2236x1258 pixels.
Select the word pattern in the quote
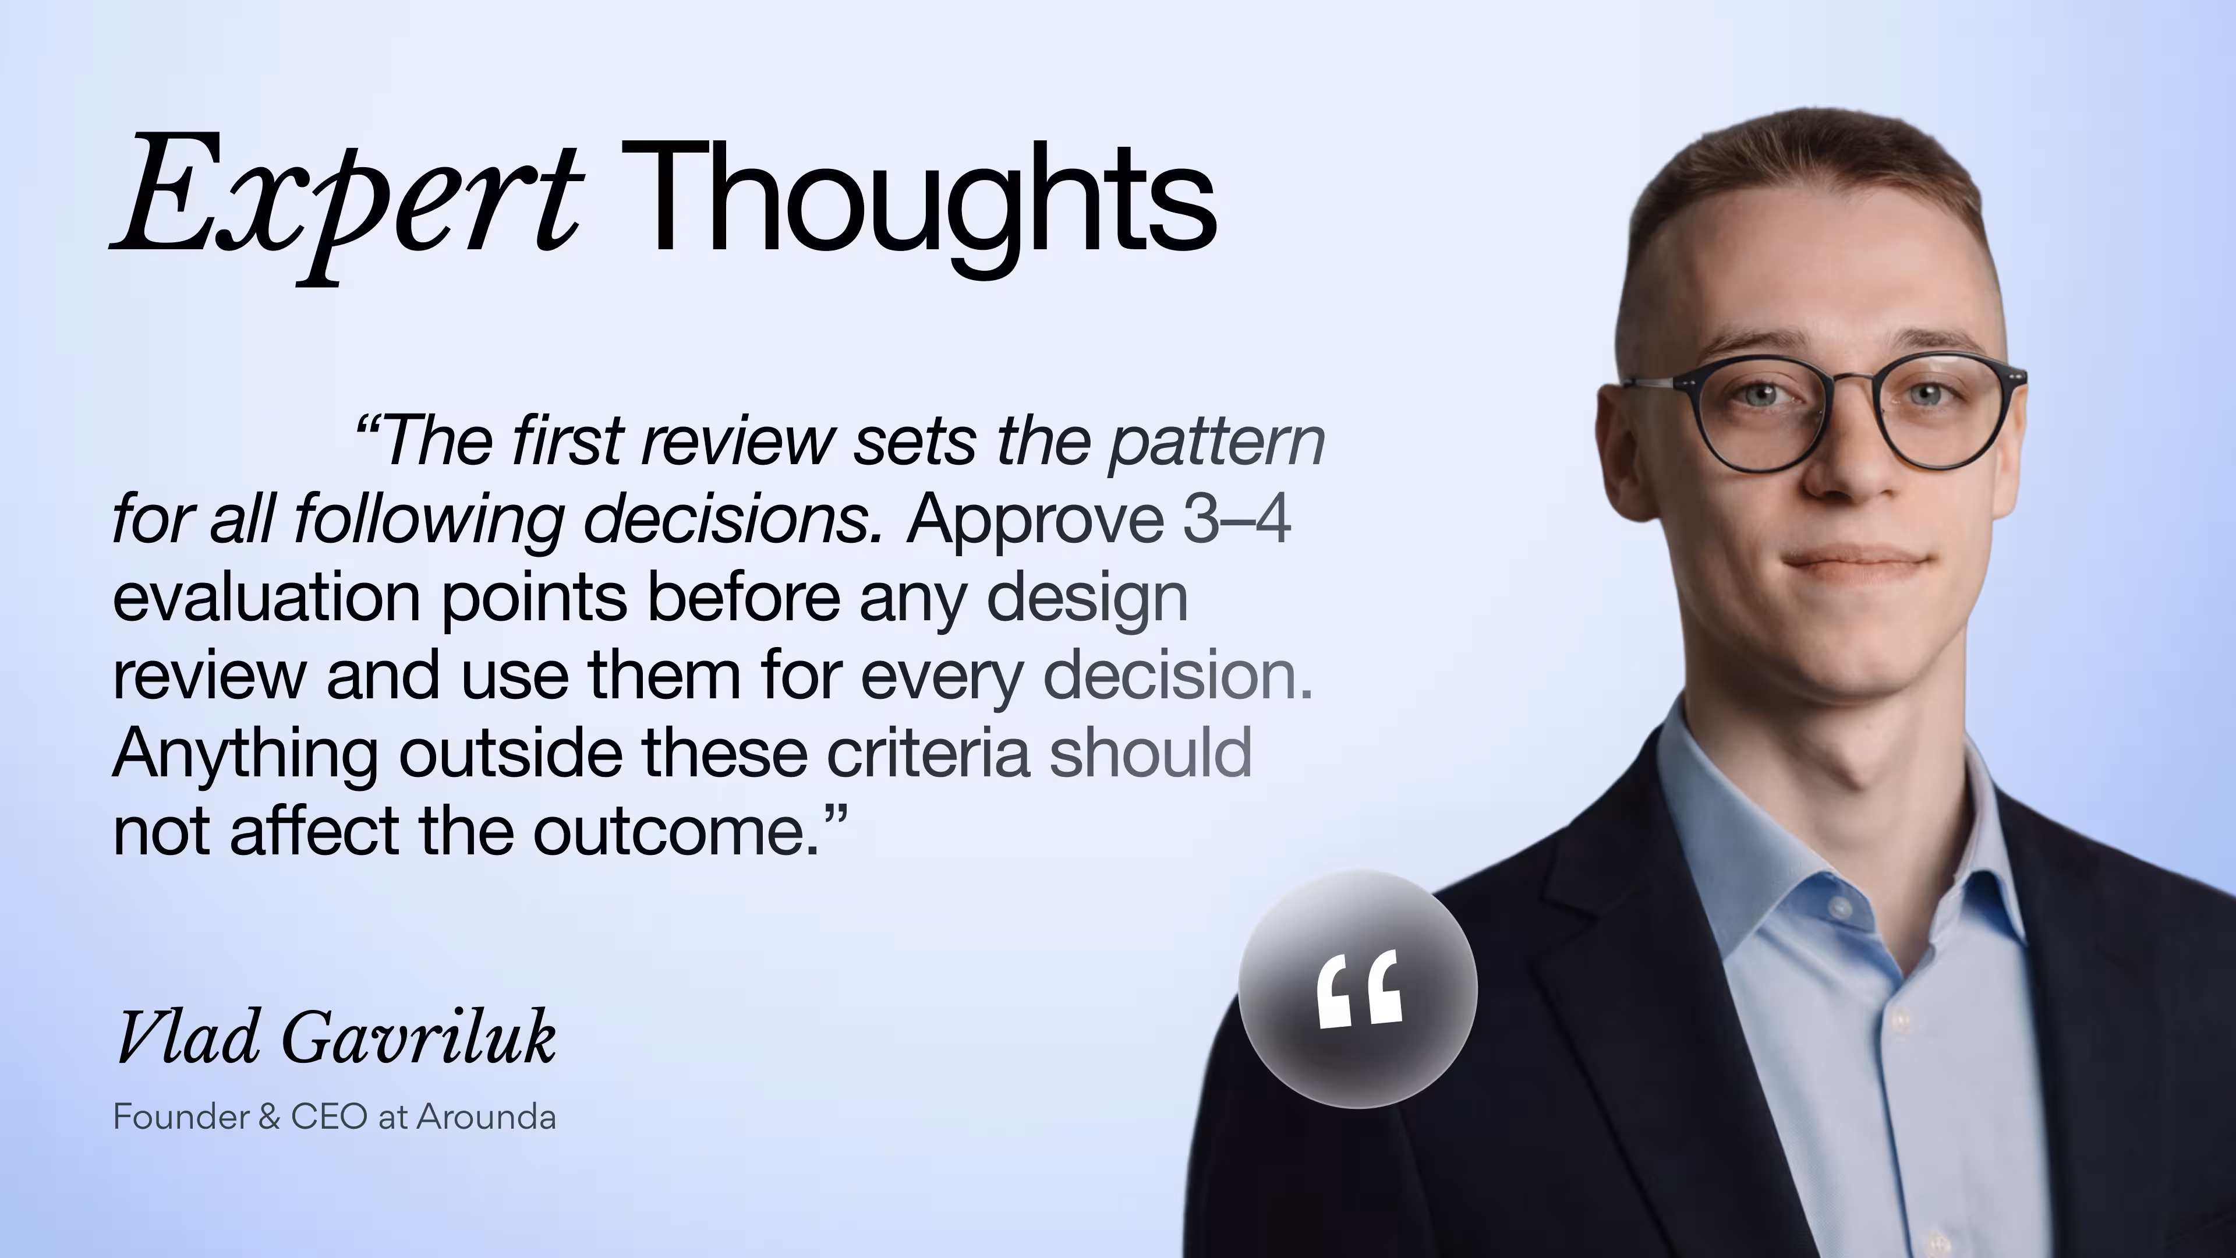1215,443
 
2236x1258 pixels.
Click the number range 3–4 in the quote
1236,519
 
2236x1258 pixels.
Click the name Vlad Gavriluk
335,1037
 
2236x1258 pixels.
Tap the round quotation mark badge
1357,989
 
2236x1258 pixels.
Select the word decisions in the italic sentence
734,519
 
